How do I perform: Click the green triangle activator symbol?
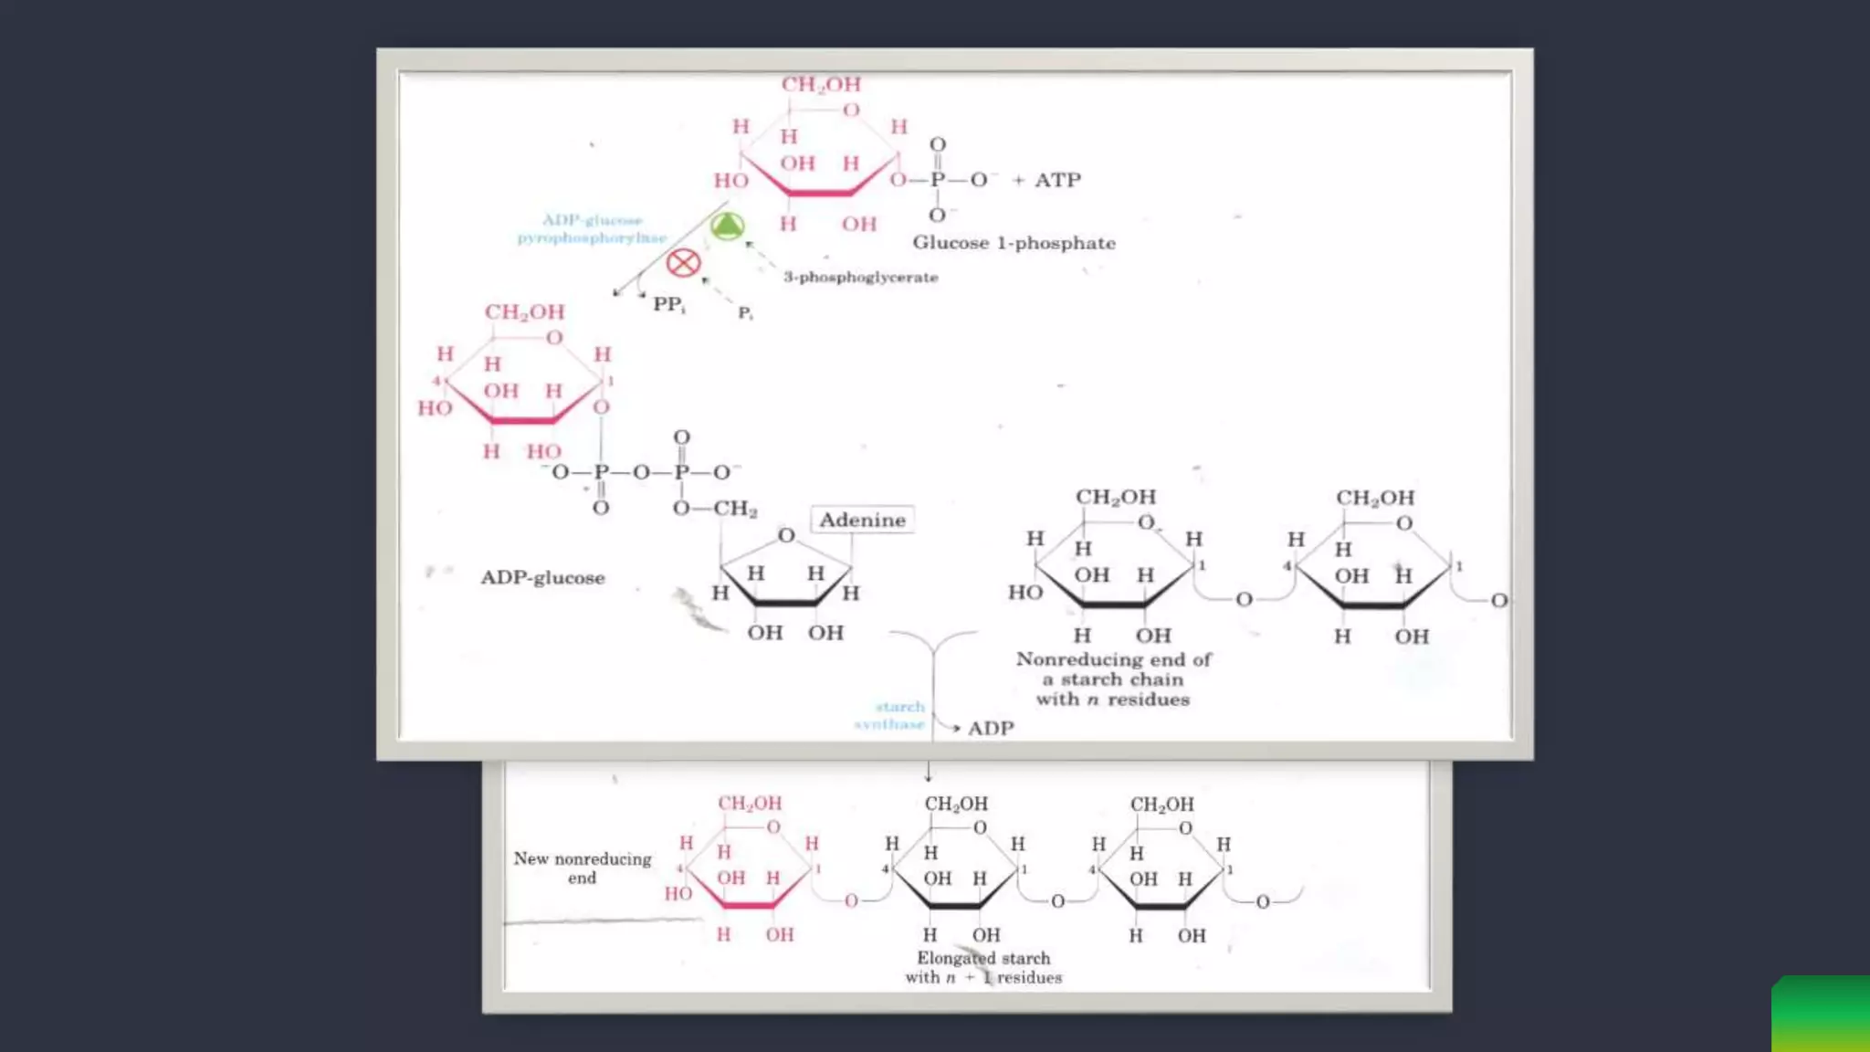pos(727,226)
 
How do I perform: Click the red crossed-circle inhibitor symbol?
pos(683,263)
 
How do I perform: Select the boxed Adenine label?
pos(862,520)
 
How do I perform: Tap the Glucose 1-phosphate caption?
pos(1014,243)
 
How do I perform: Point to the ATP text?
pos(1057,180)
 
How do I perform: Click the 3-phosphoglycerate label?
pos(860,277)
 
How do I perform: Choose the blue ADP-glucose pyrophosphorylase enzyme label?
pos(592,229)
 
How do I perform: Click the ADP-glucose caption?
pos(542,578)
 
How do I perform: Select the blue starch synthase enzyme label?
pos(890,715)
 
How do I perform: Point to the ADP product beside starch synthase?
pos(991,728)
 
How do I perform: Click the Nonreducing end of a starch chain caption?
pos(1113,679)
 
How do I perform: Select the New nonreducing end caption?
pos(583,868)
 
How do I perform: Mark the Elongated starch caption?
pos(983,967)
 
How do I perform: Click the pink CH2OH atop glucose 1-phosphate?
pos(821,85)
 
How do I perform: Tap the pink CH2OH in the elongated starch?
pos(750,804)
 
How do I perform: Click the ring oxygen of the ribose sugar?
pos(786,535)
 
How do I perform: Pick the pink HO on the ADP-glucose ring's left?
pos(435,408)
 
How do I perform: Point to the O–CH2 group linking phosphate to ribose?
pos(716,509)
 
